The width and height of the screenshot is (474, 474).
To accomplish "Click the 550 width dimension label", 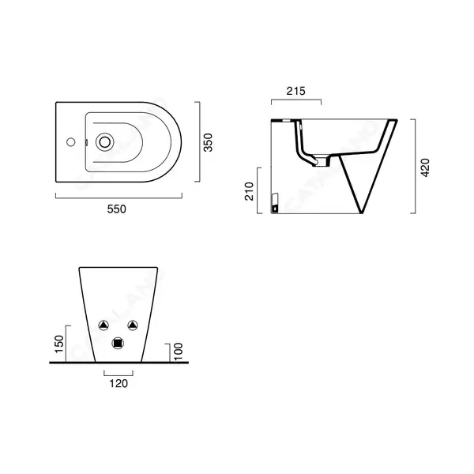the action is click(116, 209).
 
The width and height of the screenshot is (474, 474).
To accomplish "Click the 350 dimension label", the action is click(209, 143).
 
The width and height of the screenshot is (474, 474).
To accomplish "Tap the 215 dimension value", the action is click(296, 91).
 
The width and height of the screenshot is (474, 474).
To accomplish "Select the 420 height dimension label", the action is click(425, 167).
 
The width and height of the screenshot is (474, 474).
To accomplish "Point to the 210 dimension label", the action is click(250, 191).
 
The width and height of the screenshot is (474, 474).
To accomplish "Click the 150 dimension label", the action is click(59, 344).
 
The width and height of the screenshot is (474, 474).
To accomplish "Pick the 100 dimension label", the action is click(179, 352).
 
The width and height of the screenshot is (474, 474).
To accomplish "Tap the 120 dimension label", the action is click(118, 384).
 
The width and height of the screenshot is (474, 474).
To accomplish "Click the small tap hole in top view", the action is click(71, 141).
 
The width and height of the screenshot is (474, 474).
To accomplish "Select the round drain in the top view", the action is click(105, 141).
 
